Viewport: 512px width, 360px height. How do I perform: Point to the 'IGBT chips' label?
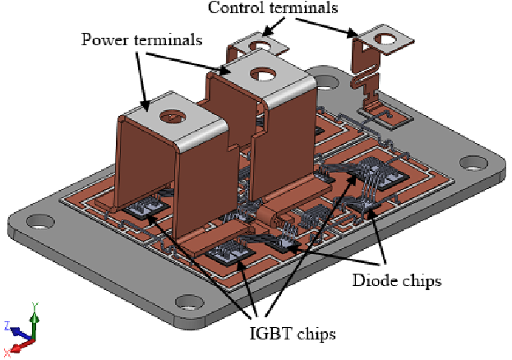(x=292, y=332)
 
